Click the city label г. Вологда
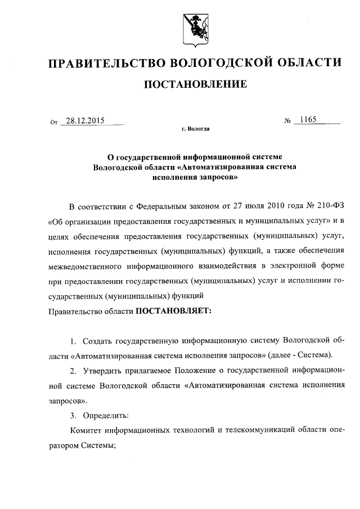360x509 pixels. click(x=196, y=129)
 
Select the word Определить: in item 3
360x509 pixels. click(x=106, y=416)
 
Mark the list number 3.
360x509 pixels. click(x=73, y=416)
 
